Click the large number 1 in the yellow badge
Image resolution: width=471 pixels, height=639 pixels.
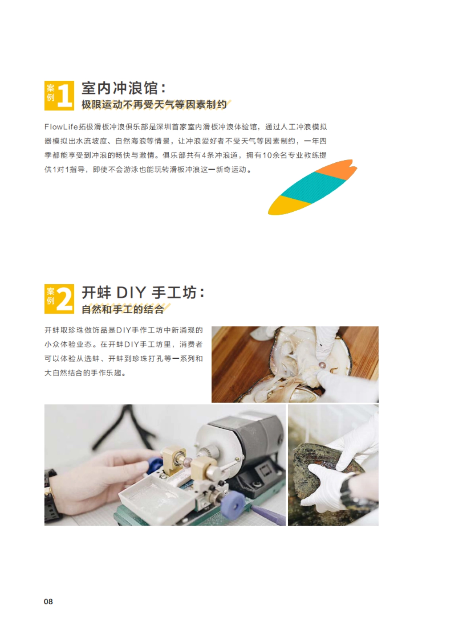click(65, 95)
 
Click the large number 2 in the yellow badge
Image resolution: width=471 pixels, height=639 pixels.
click(65, 299)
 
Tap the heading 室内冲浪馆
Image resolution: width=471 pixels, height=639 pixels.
click(119, 88)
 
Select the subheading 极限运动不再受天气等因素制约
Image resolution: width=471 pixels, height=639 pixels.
click(154, 105)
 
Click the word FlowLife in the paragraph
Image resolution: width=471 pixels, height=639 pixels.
click(61, 127)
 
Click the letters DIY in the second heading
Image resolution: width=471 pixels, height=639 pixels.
click(131, 293)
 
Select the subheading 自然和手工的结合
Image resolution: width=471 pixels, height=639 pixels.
click(122, 309)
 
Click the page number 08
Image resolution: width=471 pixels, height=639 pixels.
click(48, 601)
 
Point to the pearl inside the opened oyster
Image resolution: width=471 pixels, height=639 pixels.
click(322, 365)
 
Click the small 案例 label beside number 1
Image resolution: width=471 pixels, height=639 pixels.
click(51, 93)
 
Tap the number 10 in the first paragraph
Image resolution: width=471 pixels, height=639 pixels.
click(267, 156)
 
